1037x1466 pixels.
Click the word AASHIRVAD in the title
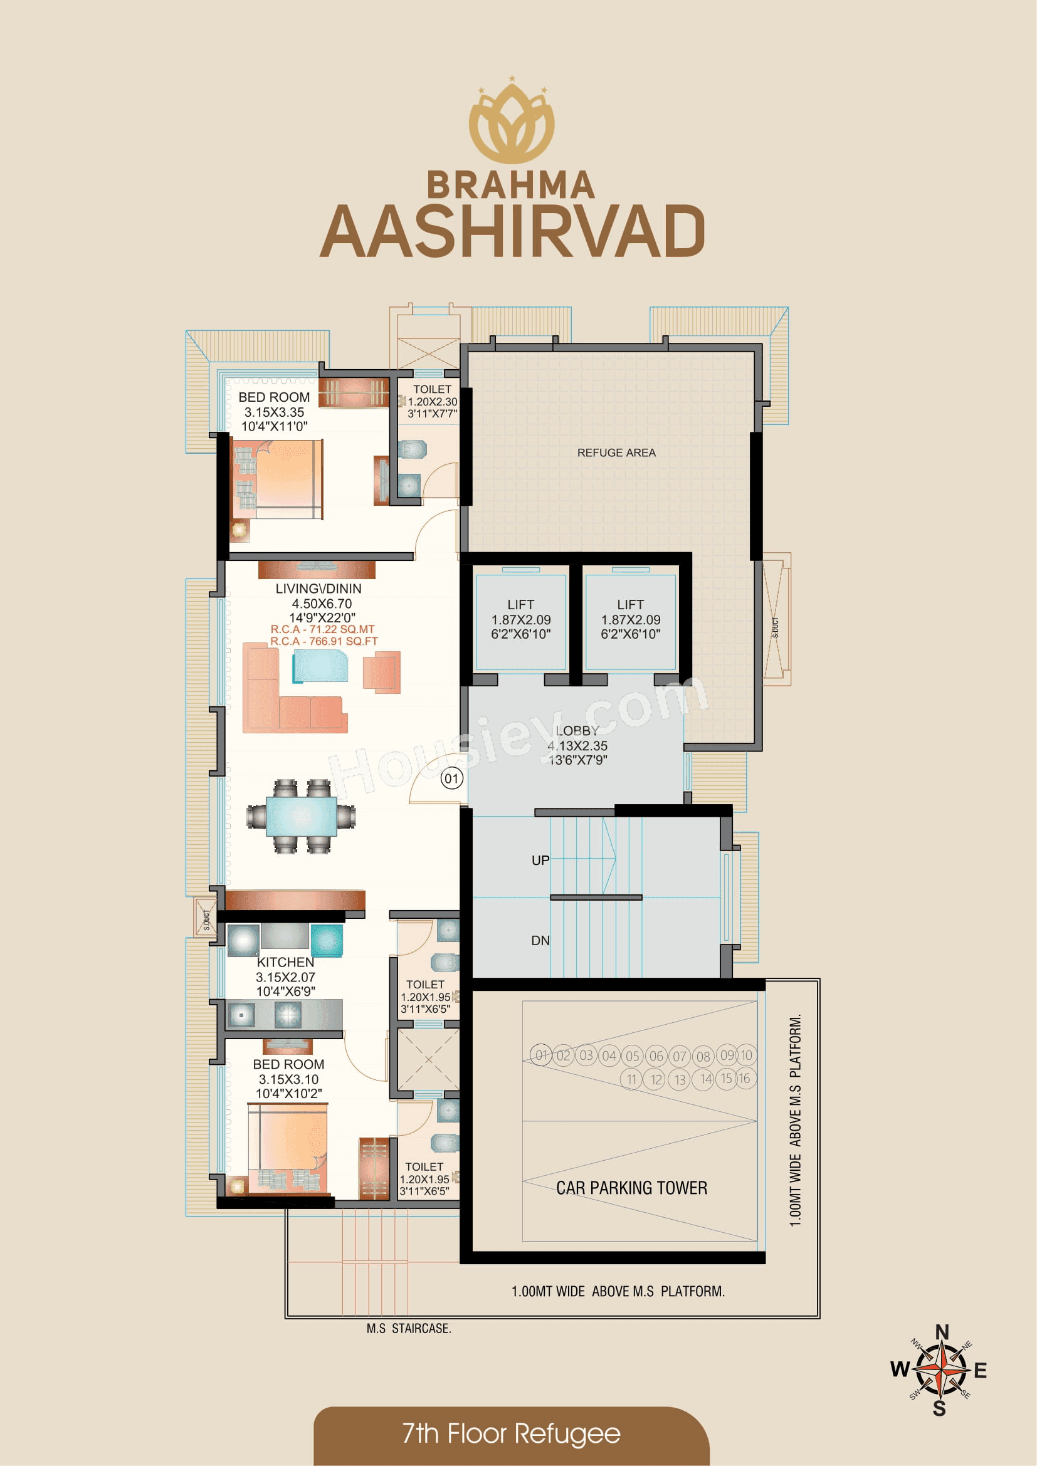coord(512,233)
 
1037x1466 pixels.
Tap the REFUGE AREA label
coord(616,453)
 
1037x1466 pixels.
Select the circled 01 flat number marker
coord(451,778)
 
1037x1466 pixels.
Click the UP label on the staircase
coord(540,860)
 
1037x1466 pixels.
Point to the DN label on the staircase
coord(540,941)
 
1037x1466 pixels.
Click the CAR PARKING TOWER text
coord(631,1188)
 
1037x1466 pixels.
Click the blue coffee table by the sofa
coord(320,667)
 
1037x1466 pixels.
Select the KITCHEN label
coord(285,962)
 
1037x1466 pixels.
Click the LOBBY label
coord(577,731)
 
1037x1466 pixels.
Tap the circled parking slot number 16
coord(745,1079)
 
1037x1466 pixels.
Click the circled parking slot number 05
coord(632,1056)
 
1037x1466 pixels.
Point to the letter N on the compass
coord(942,1332)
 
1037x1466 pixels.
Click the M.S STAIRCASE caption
coord(409,1329)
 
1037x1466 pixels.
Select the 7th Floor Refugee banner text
coord(512,1433)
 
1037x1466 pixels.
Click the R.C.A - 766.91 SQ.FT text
coord(324,641)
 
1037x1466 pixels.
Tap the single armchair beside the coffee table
coord(381,672)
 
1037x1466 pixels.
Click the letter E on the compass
coord(980,1371)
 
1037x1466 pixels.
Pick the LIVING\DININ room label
coord(318,589)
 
